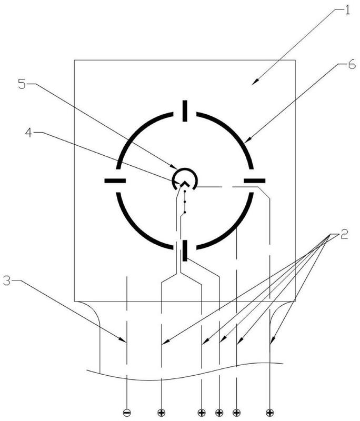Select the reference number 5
tap(21, 84)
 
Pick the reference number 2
tap(344, 235)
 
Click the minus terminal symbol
tap(127, 411)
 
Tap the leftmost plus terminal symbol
tap(162, 411)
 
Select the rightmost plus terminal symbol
tap(269, 411)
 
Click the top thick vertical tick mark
tap(184, 110)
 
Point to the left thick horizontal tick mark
tap(115, 181)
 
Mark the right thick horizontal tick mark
tap(254, 181)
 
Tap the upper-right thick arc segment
tap(232, 134)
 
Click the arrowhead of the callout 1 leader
tap(254, 83)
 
